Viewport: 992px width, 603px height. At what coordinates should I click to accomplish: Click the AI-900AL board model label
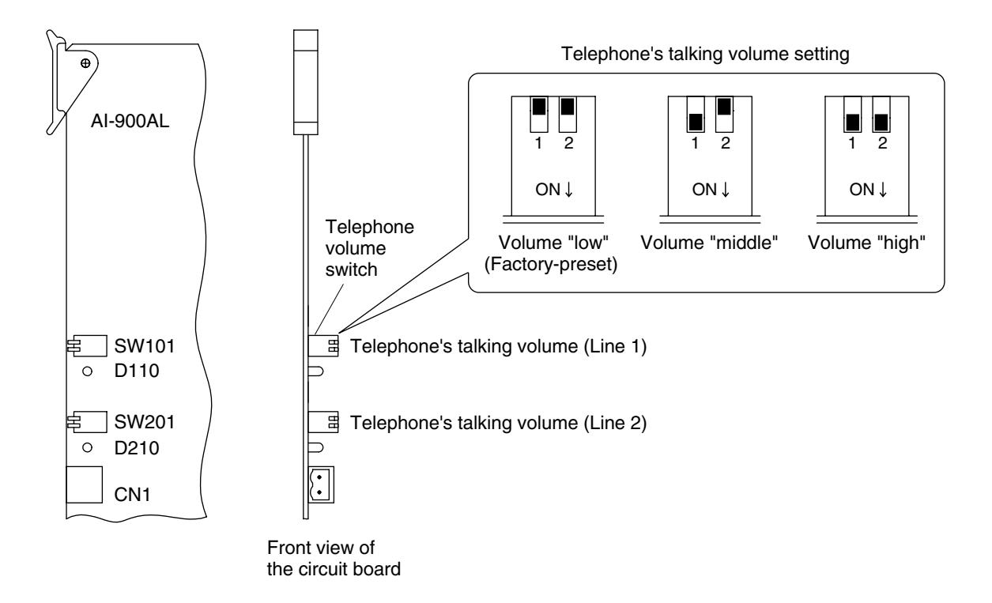(130, 121)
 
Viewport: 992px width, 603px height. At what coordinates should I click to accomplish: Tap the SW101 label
(145, 346)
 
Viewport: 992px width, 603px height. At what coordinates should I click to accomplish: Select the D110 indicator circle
(87, 371)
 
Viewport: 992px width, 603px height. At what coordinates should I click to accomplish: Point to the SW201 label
(145, 422)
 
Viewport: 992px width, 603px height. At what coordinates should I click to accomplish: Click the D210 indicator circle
(87, 447)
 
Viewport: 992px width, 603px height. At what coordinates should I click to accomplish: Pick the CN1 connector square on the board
(84, 484)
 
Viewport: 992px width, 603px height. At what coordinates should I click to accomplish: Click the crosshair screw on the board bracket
(85, 63)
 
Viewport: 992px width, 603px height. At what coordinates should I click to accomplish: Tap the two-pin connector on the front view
(321, 484)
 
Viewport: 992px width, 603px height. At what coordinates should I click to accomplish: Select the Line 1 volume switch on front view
(323, 346)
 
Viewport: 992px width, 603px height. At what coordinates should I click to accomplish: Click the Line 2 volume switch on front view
(323, 422)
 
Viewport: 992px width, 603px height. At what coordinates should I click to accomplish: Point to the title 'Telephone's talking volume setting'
(705, 55)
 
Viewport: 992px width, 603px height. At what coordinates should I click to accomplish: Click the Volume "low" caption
(553, 243)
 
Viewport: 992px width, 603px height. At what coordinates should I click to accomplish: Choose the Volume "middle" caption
(709, 243)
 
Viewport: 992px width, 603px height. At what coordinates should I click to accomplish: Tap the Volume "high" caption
(866, 243)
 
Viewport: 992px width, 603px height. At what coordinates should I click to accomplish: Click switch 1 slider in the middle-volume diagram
(696, 122)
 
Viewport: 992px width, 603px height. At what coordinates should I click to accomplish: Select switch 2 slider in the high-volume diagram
(881, 122)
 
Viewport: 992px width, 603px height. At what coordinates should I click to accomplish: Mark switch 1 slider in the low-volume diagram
(539, 107)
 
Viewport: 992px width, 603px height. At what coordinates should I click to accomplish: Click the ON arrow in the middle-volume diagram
(726, 190)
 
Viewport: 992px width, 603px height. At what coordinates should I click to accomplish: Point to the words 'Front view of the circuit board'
(334, 558)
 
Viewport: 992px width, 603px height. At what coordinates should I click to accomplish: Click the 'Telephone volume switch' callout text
(369, 248)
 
